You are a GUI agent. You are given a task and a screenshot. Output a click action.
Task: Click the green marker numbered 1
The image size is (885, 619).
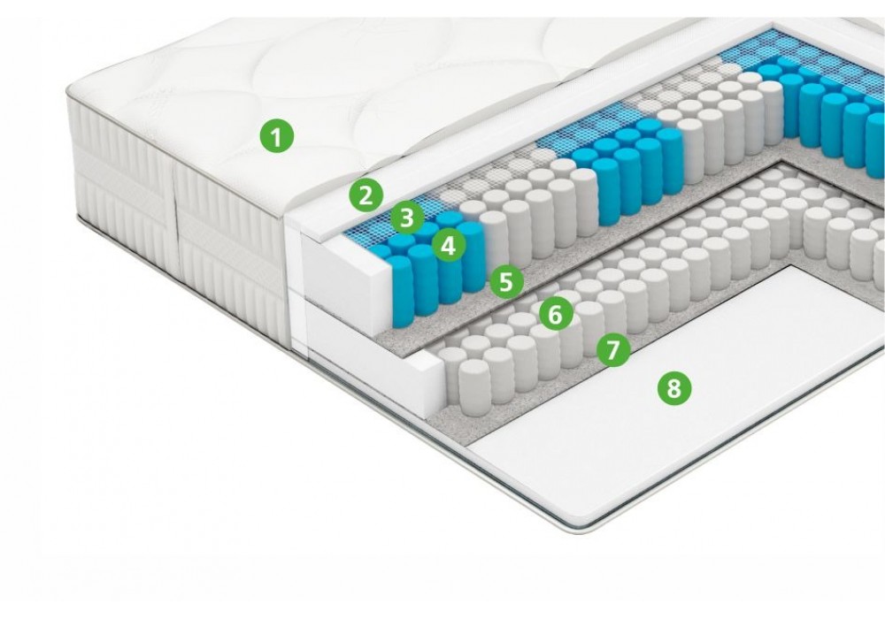[276, 136]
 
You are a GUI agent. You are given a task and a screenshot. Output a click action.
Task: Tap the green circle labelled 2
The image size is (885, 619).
[366, 195]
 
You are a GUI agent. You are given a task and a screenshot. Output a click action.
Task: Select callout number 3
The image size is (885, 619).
[407, 218]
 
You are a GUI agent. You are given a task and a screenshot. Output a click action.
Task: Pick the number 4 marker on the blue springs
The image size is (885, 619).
[449, 246]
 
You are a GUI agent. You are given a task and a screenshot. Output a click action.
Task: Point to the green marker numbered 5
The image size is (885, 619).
[506, 281]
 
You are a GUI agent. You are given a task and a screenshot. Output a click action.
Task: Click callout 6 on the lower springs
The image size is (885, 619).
[556, 315]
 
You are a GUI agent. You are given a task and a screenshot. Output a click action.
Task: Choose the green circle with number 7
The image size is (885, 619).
[614, 349]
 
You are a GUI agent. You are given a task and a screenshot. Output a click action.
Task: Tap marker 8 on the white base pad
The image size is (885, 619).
[673, 388]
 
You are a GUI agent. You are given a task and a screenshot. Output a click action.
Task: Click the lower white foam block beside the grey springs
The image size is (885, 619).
[373, 349]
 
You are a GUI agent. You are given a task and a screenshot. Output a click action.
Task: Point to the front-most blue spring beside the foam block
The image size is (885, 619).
[400, 291]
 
